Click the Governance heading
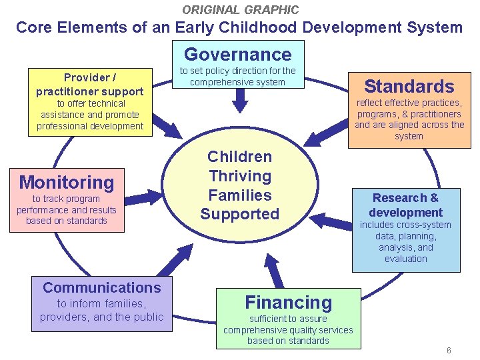point(238,54)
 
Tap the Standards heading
point(409,85)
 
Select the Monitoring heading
point(67,181)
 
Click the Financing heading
point(288,302)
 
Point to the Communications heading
point(102,287)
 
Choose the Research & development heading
point(405,205)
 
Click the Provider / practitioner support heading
point(89,84)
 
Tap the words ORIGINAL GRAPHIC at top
point(241,9)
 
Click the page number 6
point(449,351)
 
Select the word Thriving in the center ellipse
point(240,176)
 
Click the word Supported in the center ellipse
point(240,214)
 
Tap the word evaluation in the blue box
point(405,259)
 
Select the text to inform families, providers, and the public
point(101,310)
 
